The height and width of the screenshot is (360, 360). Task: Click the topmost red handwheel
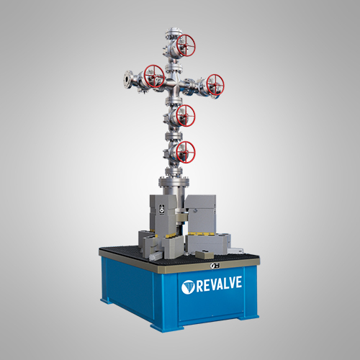(x=186, y=45)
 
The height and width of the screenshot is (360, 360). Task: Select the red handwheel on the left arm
(x=154, y=76)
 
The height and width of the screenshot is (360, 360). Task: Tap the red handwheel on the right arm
(x=215, y=85)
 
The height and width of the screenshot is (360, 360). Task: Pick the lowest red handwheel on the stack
(x=186, y=152)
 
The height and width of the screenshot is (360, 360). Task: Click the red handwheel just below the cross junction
(x=186, y=116)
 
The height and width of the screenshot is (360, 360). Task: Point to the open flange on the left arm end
(x=127, y=79)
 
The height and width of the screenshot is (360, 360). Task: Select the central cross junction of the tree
(x=174, y=86)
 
